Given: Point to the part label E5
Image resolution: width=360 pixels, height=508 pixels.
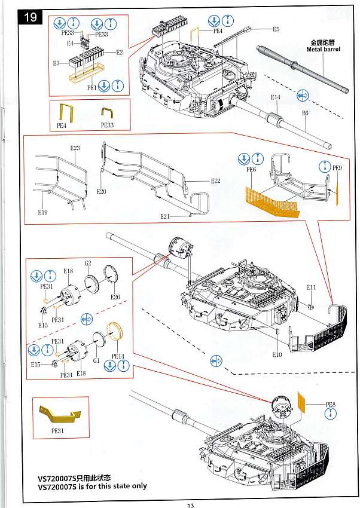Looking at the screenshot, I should click(276, 29).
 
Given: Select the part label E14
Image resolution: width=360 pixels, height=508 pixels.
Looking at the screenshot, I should click(275, 97).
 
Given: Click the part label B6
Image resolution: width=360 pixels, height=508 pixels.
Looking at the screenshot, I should click(306, 112).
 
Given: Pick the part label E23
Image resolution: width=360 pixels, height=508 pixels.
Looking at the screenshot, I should click(75, 148).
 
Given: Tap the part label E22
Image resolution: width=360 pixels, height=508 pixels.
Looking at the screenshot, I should click(215, 181).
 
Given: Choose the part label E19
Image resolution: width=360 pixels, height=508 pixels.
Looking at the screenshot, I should click(42, 213).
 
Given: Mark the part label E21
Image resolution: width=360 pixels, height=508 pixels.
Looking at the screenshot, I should click(165, 216).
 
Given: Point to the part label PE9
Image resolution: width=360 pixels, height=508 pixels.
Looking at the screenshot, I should click(337, 169).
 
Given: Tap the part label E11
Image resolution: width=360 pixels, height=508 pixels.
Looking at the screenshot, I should click(311, 287).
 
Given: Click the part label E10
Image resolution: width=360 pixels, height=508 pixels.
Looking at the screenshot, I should click(276, 355).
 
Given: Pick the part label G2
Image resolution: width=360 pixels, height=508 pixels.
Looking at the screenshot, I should click(87, 263).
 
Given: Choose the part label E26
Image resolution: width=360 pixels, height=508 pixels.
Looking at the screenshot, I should click(115, 297).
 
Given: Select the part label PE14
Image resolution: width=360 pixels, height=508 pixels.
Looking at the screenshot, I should click(117, 356).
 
